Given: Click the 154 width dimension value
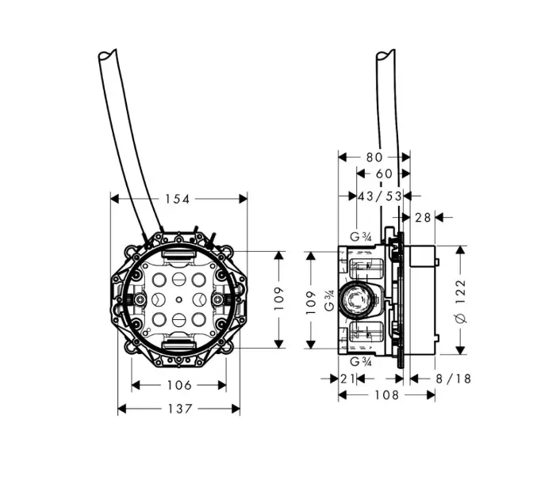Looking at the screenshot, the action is pos(178,199).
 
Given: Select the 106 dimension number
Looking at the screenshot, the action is pos(179,385).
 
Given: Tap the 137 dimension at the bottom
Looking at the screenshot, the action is pos(180,409).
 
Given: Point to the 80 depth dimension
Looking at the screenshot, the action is pos(374,157).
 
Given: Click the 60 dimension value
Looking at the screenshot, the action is pos(384,173).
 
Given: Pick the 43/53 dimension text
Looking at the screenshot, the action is pos(380,196).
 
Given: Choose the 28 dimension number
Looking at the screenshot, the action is pos(423,218).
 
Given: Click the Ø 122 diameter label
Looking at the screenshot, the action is pos(461,301).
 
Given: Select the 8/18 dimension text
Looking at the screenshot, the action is pos(453,379).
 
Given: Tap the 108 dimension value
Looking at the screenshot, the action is pos(387,395).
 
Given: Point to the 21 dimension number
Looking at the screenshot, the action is pos(347,379).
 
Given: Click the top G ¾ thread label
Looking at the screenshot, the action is pos(360,237).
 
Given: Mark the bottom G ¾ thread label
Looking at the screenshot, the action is pos(361,362).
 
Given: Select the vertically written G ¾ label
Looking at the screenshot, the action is pos(329,300).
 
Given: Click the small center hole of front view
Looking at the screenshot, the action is pos(179,299).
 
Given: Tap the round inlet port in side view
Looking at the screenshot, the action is pos(355,300).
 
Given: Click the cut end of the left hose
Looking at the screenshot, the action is pos(107,55).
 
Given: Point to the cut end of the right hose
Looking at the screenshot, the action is pos(385,55).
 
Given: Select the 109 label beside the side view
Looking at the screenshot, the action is pos(311,303).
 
